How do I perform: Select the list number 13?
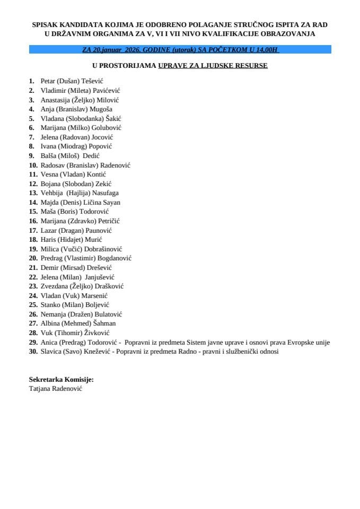tap(33, 193)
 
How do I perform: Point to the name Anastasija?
tap(57, 100)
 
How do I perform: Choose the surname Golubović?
tap(108, 128)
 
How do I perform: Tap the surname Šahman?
tap(103, 323)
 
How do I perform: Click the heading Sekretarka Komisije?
tap(61, 380)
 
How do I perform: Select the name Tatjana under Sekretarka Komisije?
tap(41, 388)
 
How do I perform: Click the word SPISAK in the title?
tap(44, 25)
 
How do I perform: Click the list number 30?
tap(33, 352)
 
